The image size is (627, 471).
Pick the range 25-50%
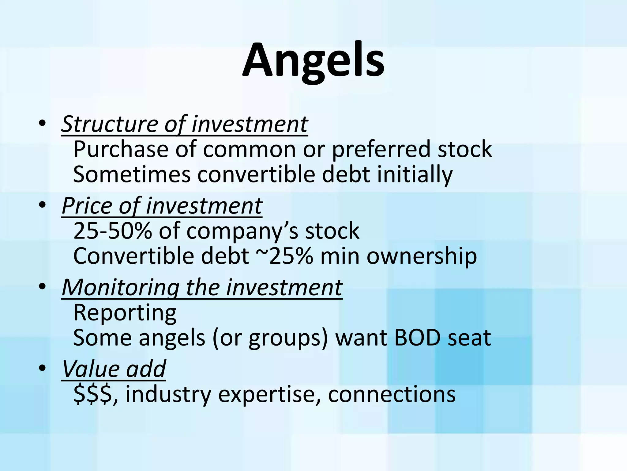(x=112, y=231)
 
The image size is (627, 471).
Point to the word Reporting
(x=125, y=313)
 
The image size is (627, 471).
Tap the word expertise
(x=269, y=394)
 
